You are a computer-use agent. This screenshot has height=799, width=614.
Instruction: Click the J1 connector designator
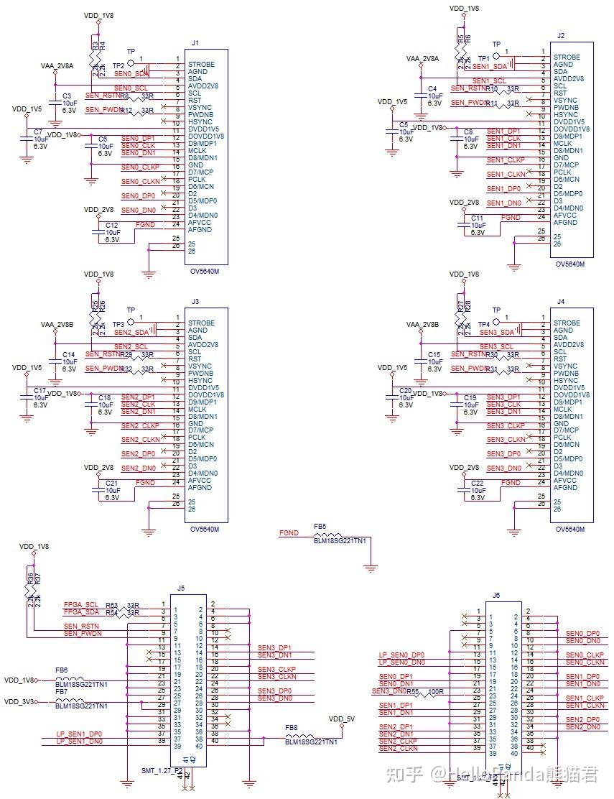(x=195, y=42)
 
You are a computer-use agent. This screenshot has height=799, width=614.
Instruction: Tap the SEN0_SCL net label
(x=131, y=88)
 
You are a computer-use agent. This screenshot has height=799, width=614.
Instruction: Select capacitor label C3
(x=67, y=96)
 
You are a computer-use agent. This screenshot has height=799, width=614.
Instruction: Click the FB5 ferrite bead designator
(x=320, y=526)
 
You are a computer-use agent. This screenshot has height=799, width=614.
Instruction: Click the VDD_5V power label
(x=341, y=718)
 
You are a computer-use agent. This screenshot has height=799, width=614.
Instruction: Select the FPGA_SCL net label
(x=81, y=604)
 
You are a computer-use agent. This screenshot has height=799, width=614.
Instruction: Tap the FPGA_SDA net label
(x=81, y=612)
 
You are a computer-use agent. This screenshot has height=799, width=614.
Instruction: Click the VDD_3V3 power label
(x=20, y=701)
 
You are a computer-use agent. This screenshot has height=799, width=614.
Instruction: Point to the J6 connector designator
(x=496, y=595)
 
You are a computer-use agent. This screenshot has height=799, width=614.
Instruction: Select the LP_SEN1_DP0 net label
(x=79, y=734)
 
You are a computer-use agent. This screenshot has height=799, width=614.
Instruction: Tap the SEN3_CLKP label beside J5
(x=276, y=669)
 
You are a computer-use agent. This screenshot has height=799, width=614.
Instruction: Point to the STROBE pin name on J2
(x=567, y=57)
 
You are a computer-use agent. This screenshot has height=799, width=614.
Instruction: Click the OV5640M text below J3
(x=205, y=530)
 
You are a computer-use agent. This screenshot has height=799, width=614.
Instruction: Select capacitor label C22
(x=478, y=483)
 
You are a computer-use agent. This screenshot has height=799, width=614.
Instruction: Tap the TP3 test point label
(x=118, y=324)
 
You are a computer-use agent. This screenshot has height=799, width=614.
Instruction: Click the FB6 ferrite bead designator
(x=62, y=670)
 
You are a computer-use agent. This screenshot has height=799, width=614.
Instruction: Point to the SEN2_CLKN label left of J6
(x=398, y=749)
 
